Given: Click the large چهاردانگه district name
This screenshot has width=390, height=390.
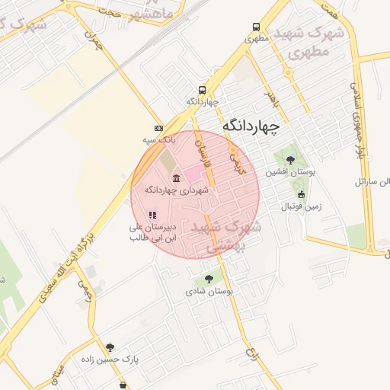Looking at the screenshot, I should [x=251, y=124].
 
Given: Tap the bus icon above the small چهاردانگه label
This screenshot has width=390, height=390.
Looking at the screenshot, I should [x=202, y=90].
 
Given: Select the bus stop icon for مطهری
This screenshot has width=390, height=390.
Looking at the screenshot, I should [x=256, y=26].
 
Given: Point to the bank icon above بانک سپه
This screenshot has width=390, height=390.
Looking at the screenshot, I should [x=158, y=128].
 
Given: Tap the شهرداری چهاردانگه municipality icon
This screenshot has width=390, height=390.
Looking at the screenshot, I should [x=176, y=178].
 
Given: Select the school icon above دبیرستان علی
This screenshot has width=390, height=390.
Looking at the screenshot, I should [x=152, y=216].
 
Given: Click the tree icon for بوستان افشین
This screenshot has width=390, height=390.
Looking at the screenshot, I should [x=290, y=160].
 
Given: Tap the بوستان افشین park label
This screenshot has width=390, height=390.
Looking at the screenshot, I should [x=289, y=172].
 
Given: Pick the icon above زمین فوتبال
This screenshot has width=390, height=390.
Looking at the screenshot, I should [x=301, y=195].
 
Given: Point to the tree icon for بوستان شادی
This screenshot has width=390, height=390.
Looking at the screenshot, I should [x=209, y=279].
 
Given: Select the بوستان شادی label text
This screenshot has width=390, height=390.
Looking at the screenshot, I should [x=212, y=291].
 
